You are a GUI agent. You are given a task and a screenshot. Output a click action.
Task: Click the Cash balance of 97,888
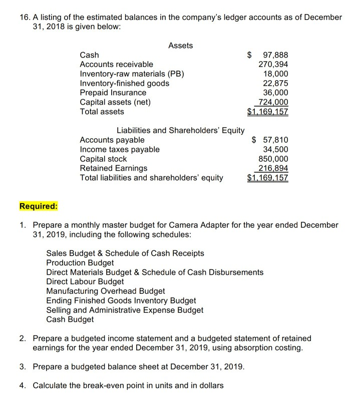pyautogui.click(x=272, y=55)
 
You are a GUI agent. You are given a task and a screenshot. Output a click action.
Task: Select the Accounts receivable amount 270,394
pyautogui.click(x=273, y=65)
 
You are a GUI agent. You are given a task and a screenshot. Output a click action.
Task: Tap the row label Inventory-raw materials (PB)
pyautogui.click(x=132, y=74)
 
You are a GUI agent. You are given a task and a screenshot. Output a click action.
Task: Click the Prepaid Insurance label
pyautogui.click(x=113, y=93)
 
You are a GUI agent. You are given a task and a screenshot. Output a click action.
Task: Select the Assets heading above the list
pyautogui.click(x=180, y=46)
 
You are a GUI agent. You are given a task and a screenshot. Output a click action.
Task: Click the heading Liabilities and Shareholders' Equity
pyautogui.click(x=180, y=131)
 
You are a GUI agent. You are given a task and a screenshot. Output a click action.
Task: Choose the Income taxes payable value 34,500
pyautogui.click(x=275, y=149)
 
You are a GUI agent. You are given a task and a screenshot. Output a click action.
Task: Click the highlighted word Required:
pyautogui.click(x=39, y=206)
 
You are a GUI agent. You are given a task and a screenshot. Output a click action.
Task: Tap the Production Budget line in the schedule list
pyautogui.click(x=80, y=263)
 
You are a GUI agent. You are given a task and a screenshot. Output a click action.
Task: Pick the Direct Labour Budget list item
pyautogui.click(x=85, y=282)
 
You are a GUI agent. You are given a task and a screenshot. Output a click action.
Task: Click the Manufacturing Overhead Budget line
pyautogui.click(x=105, y=291)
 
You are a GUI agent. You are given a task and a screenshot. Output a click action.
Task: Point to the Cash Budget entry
pyautogui.click(x=70, y=319)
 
